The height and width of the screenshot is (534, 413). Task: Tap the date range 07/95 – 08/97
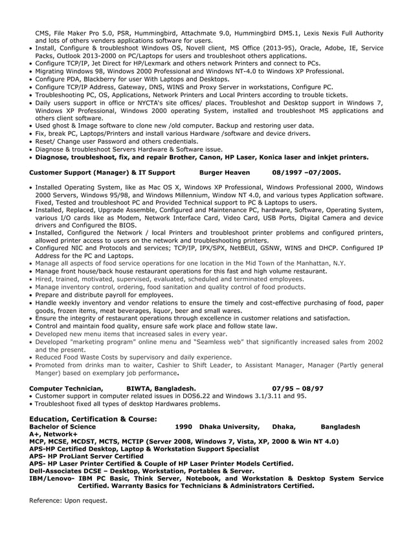[298, 388]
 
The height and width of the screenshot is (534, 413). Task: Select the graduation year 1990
[184, 427]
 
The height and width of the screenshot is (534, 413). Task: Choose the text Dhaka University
[229, 427]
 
